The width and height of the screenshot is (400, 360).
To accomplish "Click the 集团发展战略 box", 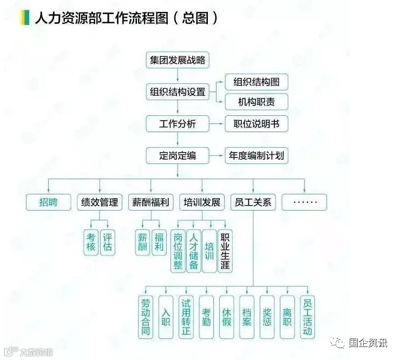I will [178, 60].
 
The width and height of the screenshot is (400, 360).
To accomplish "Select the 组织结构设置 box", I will [178, 91].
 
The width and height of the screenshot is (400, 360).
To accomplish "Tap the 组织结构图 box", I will [256, 82].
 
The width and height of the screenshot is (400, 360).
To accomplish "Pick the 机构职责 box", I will [256, 102].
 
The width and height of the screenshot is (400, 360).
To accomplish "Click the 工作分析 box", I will [178, 124].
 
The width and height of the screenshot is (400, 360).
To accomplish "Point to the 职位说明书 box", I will [256, 124].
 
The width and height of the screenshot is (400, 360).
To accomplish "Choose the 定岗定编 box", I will [178, 156].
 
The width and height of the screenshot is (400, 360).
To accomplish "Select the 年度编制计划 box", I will [256, 156].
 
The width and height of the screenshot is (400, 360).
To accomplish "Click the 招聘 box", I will [48, 202].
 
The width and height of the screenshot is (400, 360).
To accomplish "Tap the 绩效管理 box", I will [99, 202].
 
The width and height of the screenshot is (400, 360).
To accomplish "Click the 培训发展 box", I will [202, 202].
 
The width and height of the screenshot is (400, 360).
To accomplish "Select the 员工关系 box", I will [253, 202].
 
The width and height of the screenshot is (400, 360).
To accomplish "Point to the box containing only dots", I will [304, 202].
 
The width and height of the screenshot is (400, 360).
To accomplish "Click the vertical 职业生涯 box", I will [225, 251].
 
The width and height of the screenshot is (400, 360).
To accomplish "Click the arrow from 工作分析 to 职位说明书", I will [218, 124].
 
